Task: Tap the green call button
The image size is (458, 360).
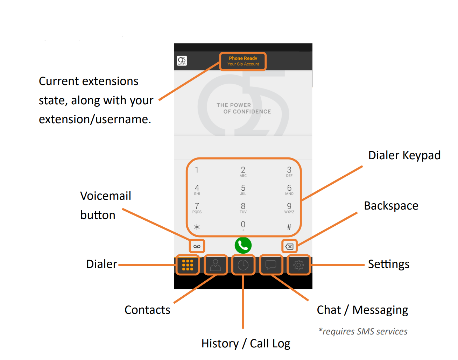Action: click(243, 246)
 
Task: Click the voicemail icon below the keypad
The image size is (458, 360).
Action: click(197, 246)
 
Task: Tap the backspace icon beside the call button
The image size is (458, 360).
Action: click(289, 246)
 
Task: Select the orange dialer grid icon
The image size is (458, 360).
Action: click(188, 265)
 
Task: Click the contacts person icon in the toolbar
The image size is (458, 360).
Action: click(216, 265)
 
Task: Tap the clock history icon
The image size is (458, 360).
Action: click(243, 265)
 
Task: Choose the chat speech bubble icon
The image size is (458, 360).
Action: click(271, 264)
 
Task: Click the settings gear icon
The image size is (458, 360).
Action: click(298, 265)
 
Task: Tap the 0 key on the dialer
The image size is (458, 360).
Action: click(243, 225)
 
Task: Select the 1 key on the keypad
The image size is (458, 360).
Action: click(197, 170)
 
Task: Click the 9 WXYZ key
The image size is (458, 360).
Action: click(289, 207)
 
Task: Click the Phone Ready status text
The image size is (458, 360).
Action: click(243, 58)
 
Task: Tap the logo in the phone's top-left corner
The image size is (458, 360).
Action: click(182, 61)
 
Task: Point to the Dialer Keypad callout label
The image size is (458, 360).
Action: click(404, 155)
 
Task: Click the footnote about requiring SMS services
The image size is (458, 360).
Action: click(363, 331)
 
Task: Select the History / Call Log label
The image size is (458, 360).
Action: click(246, 344)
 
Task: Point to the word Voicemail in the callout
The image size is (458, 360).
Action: click(106, 196)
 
